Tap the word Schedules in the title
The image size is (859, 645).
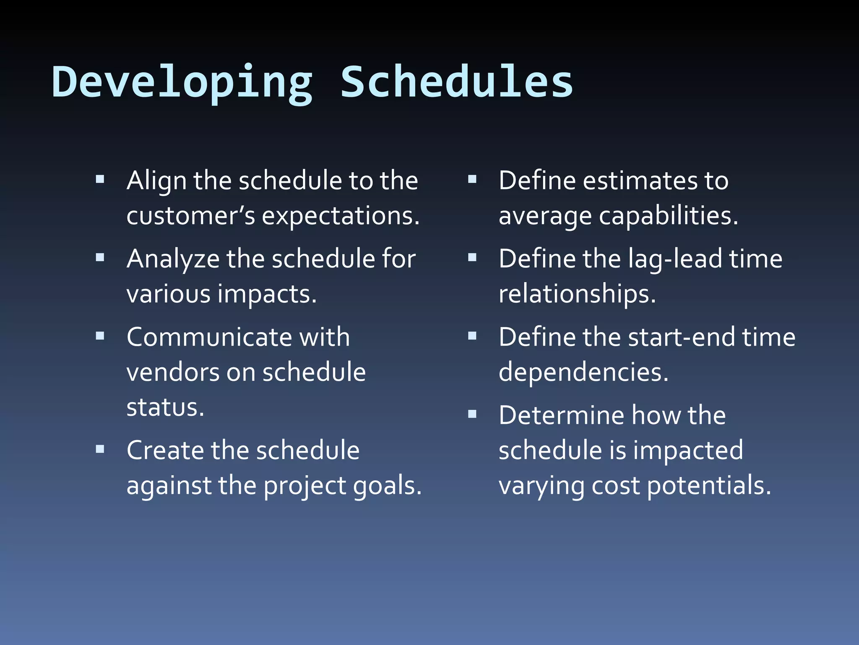(456, 82)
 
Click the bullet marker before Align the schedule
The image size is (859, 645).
(100, 180)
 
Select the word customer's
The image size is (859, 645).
(190, 216)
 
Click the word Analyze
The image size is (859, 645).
(173, 259)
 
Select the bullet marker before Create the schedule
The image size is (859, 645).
(100, 450)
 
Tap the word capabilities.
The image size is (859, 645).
(668, 216)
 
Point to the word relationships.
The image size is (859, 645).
(577, 294)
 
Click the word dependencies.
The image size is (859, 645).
(583, 372)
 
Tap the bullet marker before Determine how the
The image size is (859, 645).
(472, 414)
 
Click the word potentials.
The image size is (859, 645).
(708, 486)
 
